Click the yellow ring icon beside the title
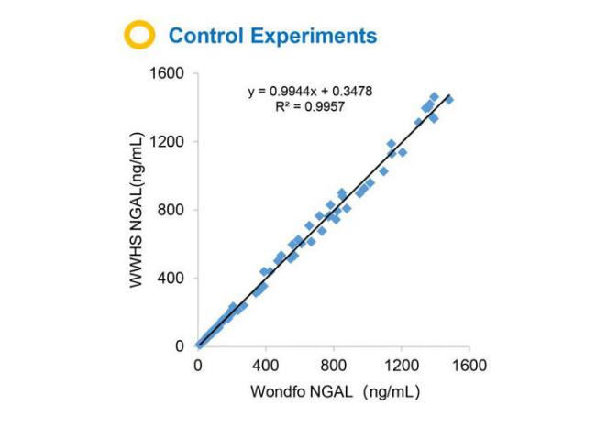coord(139,37)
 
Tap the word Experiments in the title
coord(316,37)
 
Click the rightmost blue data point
coord(449,99)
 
